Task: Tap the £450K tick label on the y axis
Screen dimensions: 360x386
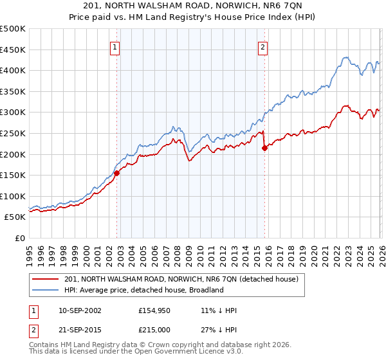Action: click(13, 50)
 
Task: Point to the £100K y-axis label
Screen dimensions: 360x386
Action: click(13, 196)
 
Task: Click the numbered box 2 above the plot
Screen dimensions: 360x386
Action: click(264, 46)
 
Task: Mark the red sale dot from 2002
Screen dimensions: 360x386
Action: click(116, 173)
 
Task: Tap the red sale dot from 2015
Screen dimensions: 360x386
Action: click(264, 148)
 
